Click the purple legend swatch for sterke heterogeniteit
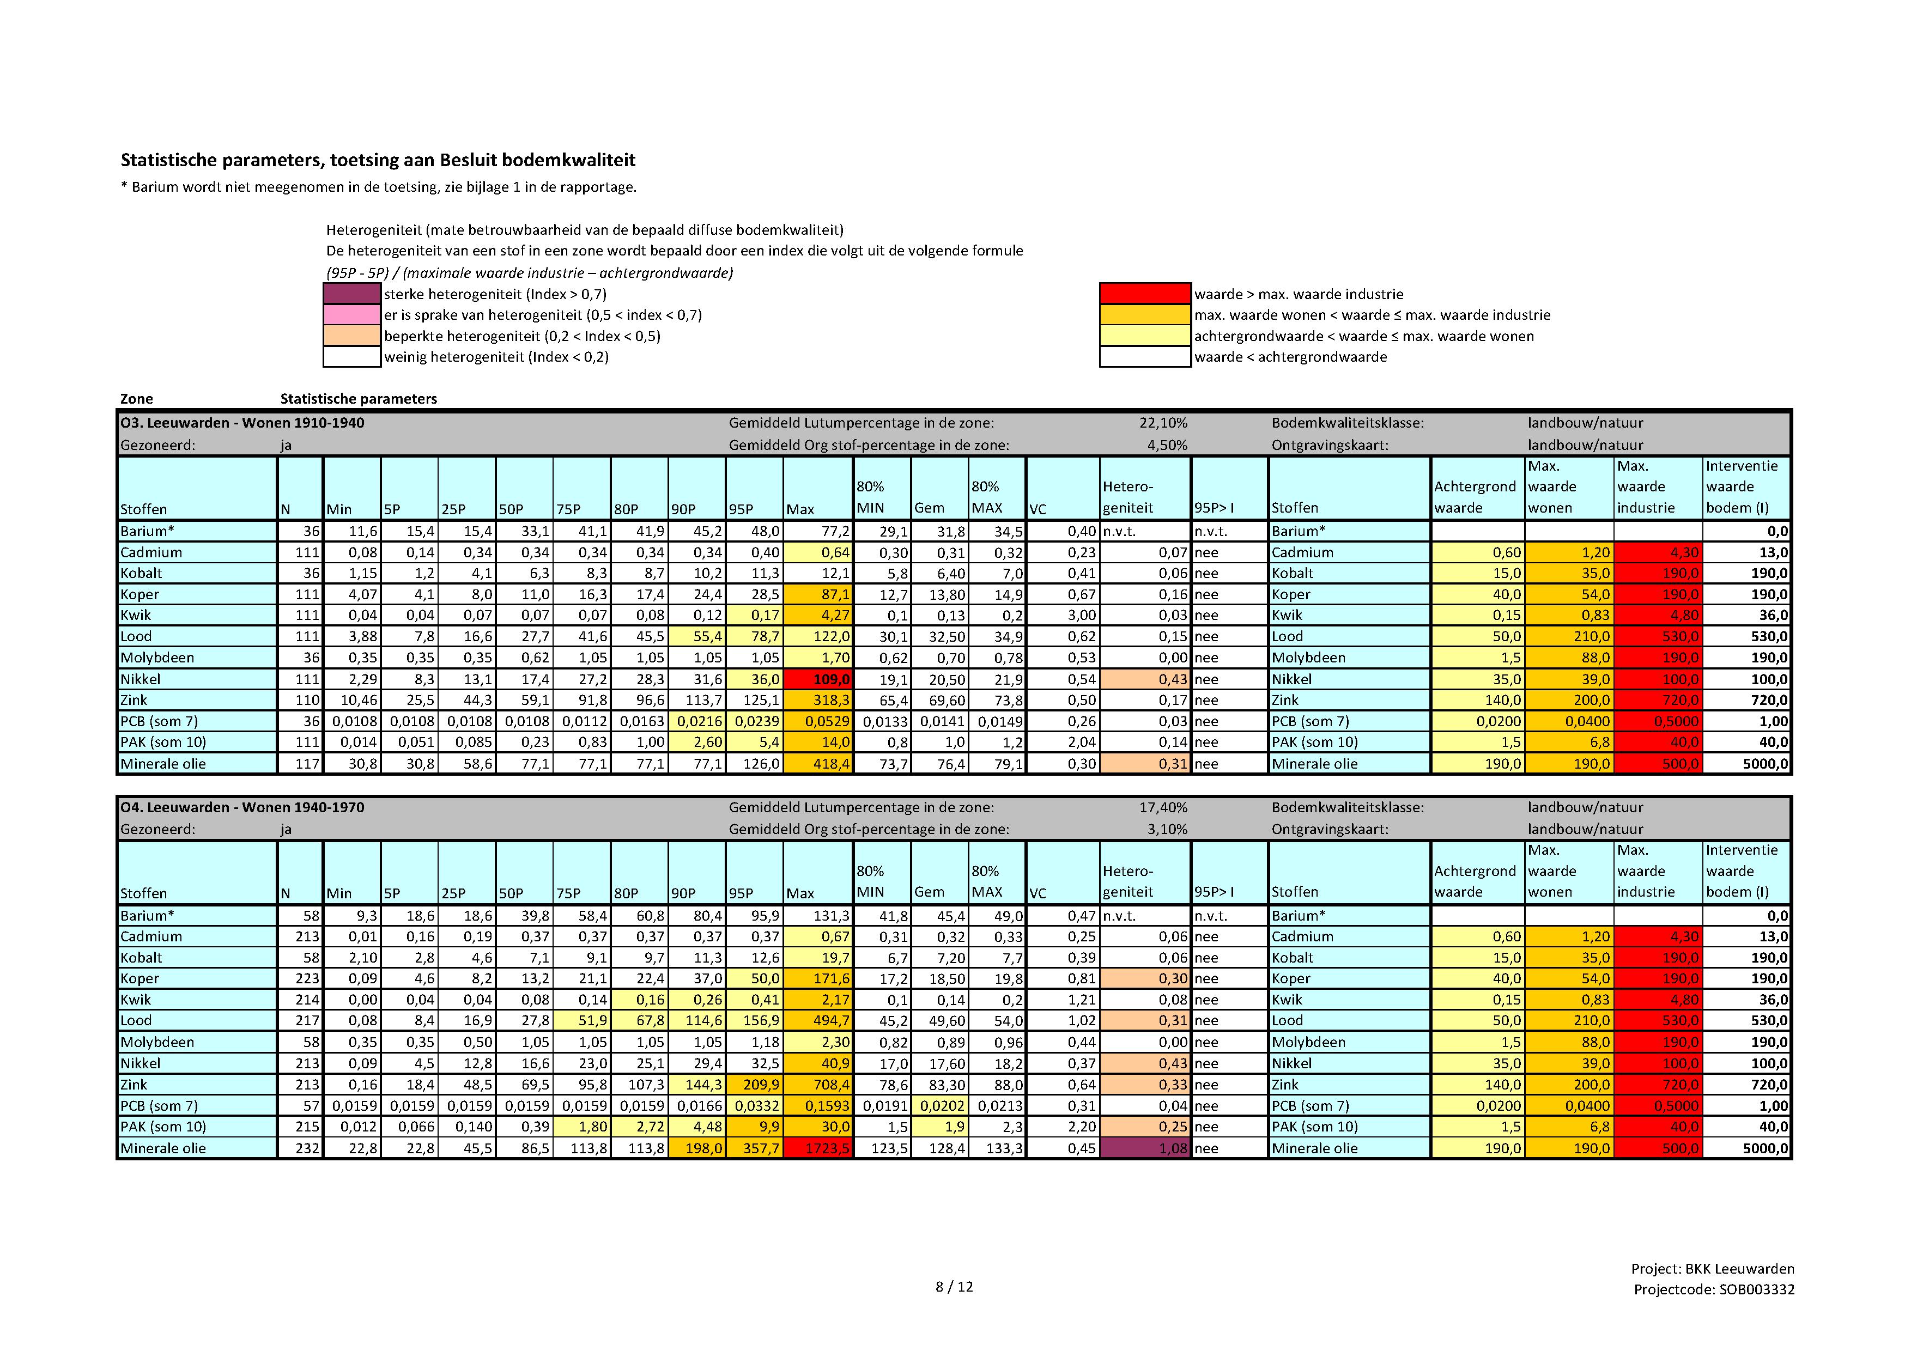point(352,294)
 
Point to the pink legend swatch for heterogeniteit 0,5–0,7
point(352,314)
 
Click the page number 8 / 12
point(954,1287)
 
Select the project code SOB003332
point(1756,1289)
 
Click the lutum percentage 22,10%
point(1163,423)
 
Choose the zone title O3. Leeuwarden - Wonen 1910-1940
point(242,423)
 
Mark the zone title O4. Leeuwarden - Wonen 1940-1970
point(242,807)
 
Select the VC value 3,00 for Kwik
point(1081,615)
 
